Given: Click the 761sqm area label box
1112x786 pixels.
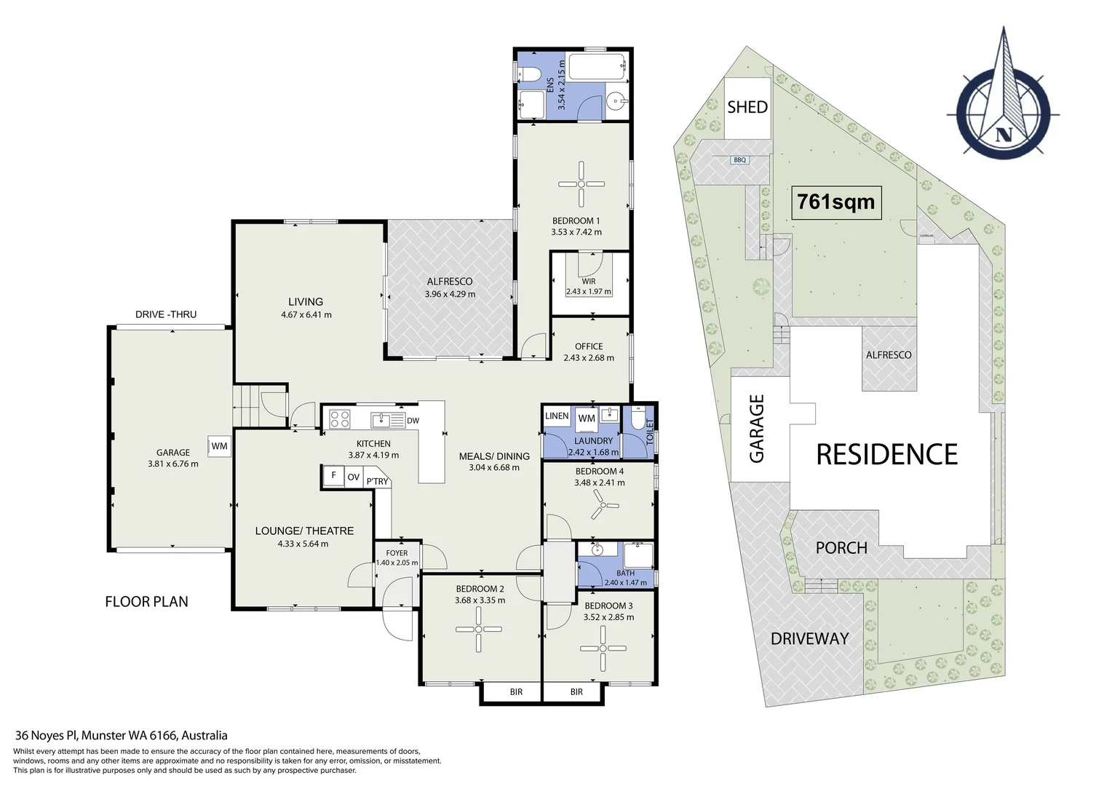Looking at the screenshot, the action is pos(836,202).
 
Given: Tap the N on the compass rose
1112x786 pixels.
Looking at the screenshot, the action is pos(1004,134).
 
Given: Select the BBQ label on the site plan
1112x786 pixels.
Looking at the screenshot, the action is pos(739,160).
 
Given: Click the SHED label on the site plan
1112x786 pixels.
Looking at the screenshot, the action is pos(747,107).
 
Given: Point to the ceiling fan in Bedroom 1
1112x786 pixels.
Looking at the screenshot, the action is pos(581,183).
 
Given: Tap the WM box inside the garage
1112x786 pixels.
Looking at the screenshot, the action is pos(220,446).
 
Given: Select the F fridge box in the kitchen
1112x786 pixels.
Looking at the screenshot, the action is pos(333,476).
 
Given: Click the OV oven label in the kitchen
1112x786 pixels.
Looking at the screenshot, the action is pos(353,477).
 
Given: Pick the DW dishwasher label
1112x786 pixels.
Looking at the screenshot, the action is pos(413,421).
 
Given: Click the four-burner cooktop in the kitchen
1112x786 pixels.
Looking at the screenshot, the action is pos(340,418).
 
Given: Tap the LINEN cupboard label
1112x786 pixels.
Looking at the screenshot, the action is pos(557,416).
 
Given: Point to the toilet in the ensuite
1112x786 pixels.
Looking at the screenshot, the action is pos(528,74).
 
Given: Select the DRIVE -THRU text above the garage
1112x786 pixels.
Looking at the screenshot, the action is pos(166,314).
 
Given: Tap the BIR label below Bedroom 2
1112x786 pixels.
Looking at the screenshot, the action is pos(516,691).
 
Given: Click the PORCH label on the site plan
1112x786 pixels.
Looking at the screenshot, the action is pos(841,548).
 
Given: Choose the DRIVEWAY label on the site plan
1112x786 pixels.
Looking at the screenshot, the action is pos(810,638).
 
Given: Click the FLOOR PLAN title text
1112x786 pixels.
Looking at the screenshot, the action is pos(146,602).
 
